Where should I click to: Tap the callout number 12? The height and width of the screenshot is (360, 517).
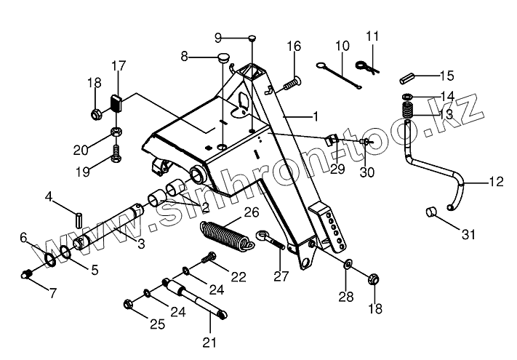tap(495, 183)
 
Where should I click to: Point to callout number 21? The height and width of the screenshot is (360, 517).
tap(209, 343)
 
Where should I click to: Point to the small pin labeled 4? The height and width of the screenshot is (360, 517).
tap(79, 217)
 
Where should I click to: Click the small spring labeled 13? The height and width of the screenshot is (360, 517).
tap(408, 113)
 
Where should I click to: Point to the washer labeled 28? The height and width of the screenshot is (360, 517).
tap(348, 264)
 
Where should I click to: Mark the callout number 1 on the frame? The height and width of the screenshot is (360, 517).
tap(315, 116)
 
